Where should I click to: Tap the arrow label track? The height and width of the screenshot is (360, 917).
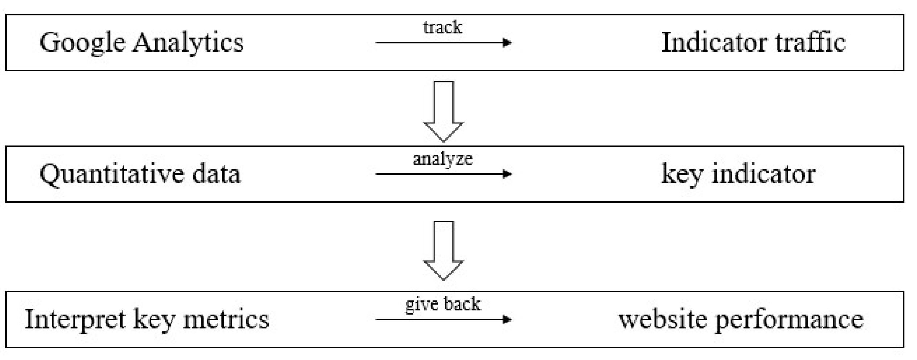pos(442,28)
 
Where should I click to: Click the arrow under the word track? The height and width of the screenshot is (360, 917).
pos(443,43)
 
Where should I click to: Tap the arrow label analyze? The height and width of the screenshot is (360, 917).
pos(443,159)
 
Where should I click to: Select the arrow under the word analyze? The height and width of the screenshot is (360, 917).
pos(443,174)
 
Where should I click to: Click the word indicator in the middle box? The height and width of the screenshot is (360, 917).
pos(764,174)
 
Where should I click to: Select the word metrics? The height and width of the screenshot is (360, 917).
pos(226,319)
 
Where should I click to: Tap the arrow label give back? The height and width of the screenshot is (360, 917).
pos(443,304)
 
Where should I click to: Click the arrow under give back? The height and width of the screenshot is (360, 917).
pos(443,319)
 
